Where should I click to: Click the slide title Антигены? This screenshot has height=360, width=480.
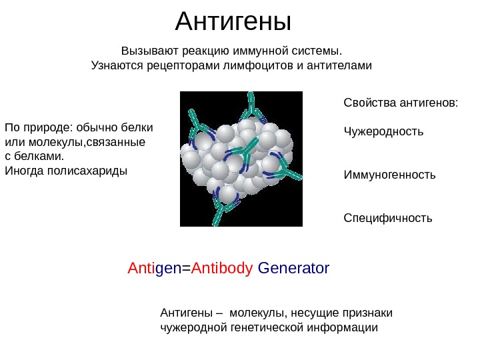(x=233, y=22)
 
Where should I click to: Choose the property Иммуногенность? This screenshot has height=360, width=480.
(x=389, y=175)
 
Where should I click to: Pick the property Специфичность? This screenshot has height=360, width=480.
(x=387, y=218)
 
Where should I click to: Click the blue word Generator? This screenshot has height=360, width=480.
(x=293, y=269)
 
